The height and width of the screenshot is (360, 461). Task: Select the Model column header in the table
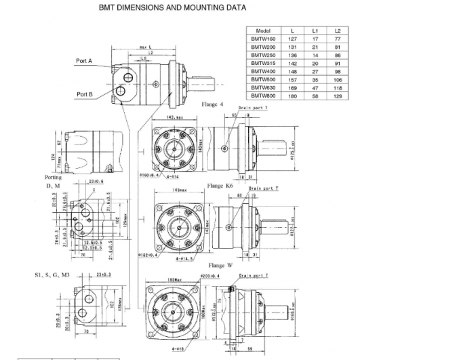tap(263, 31)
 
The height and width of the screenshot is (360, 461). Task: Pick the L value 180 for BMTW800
tap(293, 95)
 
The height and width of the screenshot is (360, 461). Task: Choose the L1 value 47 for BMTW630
tap(315, 87)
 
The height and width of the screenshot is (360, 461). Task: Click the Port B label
tap(85, 94)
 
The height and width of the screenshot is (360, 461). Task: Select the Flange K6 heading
tap(221, 185)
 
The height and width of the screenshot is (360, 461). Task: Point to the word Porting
tap(53, 178)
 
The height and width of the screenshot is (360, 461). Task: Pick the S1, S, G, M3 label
tap(53, 275)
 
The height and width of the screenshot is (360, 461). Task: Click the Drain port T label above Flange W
tap(252, 277)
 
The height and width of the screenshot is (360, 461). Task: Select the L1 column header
tap(315, 31)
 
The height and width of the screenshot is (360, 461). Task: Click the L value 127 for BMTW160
tap(293, 39)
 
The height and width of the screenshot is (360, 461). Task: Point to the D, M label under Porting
tap(54, 185)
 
